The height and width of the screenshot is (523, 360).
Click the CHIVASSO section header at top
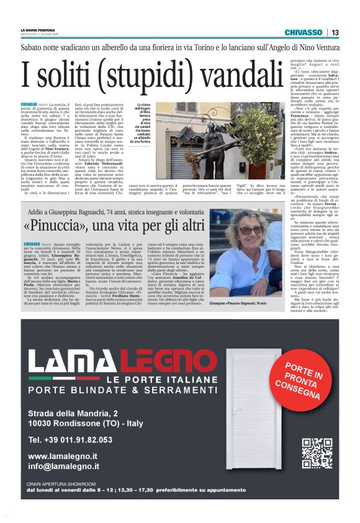(303, 32)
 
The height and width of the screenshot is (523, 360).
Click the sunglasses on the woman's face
(251, 230)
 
